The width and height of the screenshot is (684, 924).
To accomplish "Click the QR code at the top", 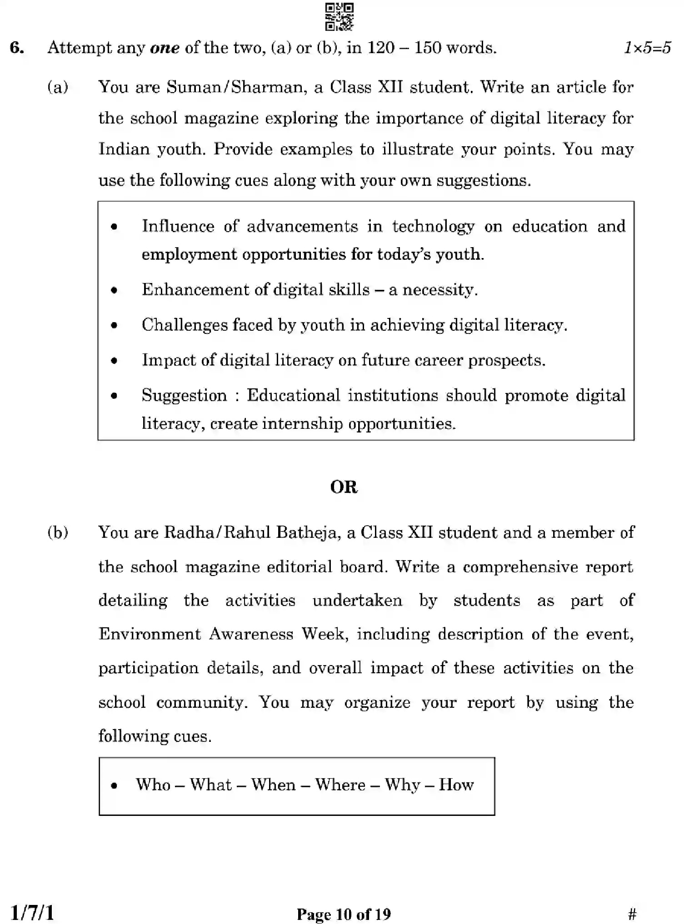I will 339,17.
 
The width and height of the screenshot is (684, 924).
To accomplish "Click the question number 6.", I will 17,48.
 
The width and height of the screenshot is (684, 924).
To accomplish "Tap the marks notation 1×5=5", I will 647,48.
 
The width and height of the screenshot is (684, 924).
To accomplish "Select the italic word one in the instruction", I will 165,48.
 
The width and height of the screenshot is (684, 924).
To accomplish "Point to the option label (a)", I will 58,87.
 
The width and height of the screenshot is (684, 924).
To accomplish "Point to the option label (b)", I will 58,532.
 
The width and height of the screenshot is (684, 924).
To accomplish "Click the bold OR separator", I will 344,487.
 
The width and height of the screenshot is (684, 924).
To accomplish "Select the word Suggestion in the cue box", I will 184,395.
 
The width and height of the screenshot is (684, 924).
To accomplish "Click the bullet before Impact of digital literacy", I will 114,361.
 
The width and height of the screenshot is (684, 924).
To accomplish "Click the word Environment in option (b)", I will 150,634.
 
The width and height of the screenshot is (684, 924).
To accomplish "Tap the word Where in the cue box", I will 340,785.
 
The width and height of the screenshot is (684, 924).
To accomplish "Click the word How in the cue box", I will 456,785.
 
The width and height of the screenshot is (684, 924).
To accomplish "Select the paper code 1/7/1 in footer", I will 32,912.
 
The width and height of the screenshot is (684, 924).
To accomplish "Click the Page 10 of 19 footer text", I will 344,914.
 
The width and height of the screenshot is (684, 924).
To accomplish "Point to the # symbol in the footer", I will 632,914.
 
